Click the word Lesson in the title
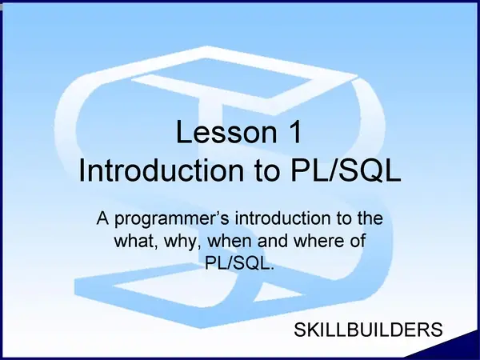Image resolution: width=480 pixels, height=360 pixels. (x=226, y=132)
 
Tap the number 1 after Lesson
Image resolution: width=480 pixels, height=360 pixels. (x=295, y=132)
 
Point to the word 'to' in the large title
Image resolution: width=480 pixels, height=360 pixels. (x=267, y=171)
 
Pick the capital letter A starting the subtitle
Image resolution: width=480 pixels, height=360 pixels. (x=103, y=218)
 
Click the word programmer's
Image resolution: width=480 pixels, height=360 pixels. (x=172, y=220)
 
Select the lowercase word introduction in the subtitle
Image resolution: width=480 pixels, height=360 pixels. (x=282, y=218)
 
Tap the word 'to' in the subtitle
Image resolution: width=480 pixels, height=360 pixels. (x=344, y=218)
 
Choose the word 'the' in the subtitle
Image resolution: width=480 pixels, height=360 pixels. (x=370, y=218)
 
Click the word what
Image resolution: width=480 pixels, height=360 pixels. (x=136, y=242)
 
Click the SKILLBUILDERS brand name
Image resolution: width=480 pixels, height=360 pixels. (x=368, y=330)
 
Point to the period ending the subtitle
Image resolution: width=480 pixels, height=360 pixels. (x=270, y=269)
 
